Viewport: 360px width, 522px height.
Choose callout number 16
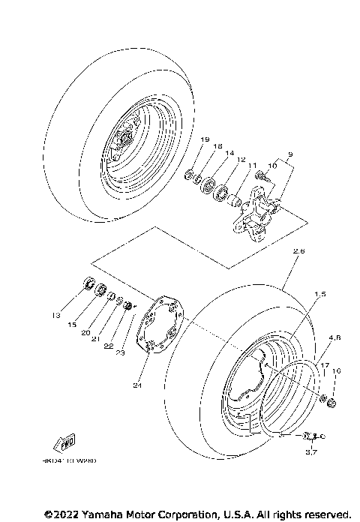click(x=337, y=371)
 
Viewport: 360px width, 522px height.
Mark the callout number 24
click(x=137, y=385)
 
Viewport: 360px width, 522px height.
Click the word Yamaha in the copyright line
click(x=103, y=514)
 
